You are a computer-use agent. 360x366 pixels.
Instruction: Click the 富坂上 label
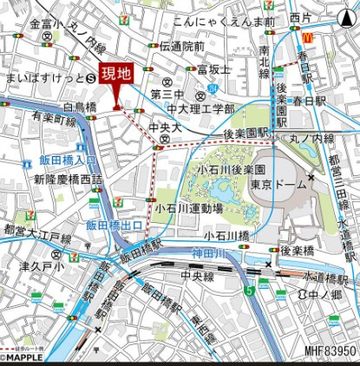pos(213,69)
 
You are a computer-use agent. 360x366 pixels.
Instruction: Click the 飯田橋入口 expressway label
pos(68,161)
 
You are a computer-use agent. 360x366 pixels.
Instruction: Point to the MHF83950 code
pos(330,351)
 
